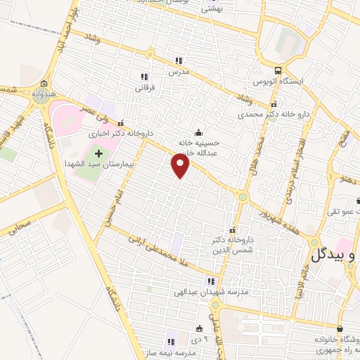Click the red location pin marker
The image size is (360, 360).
[181, 166]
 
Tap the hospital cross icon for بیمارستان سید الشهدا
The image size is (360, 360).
[98, 153]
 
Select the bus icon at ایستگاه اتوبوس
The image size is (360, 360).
[279, 70]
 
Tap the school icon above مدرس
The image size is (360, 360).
[179, 60]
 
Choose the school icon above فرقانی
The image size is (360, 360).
[144, 77]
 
